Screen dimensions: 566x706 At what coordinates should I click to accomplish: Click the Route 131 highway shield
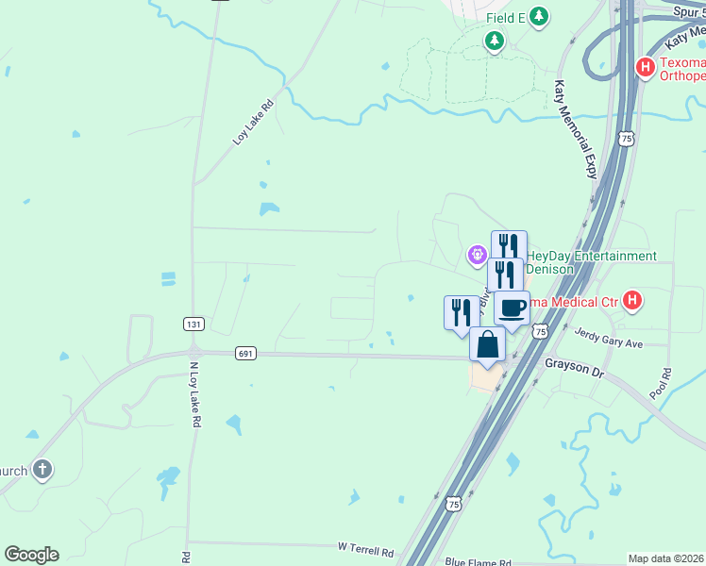193,324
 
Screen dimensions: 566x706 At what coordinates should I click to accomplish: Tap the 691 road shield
244,353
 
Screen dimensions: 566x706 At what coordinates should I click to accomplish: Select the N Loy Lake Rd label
194,396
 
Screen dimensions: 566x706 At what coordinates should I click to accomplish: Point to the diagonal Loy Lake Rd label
253,123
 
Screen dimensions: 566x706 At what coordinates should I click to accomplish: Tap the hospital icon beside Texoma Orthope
646,67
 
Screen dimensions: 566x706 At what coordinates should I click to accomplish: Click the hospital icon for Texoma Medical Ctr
633,301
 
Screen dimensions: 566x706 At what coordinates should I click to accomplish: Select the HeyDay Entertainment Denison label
591,262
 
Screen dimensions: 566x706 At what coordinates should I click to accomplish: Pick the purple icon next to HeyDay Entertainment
478,254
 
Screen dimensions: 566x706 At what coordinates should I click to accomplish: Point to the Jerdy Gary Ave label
608,343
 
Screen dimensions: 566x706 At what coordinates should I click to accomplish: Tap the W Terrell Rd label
365,547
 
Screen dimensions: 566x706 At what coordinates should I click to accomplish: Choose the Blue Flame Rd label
478,560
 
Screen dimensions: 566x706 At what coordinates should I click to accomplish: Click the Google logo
31,555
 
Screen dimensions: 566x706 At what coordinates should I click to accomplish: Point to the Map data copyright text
665,558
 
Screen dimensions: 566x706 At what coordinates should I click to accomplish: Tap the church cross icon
42,469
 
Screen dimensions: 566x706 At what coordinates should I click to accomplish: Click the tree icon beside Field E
538,16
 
